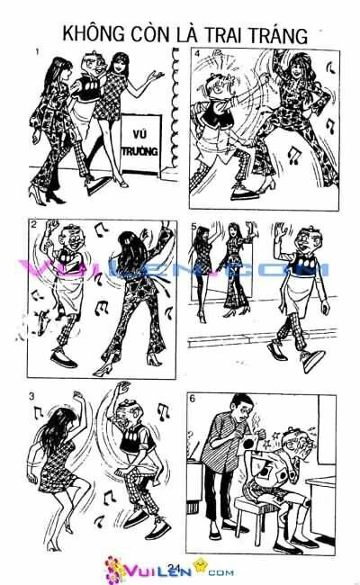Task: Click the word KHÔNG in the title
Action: [95, 35]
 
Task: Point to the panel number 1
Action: [36, 51]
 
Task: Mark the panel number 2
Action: [32, 226]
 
